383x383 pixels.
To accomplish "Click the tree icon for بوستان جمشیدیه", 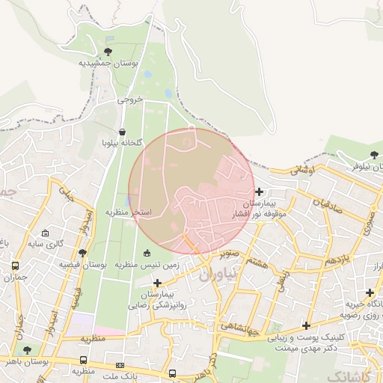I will tap(109, 52).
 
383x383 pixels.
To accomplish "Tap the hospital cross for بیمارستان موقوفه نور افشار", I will tap(259, 192).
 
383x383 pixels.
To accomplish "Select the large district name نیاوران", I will tap(217, 274).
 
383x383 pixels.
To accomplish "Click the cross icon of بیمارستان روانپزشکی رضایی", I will tap(157, 283).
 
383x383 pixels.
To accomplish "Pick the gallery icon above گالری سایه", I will tap(46, 233).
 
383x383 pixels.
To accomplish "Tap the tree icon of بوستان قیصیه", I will tap(82, 253).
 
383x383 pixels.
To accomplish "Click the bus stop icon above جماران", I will tap(16, 266).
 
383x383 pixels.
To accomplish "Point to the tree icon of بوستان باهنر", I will tap(28, 349).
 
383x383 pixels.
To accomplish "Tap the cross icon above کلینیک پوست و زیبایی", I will tap(305, 325).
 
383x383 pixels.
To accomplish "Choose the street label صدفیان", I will tap(328, 203).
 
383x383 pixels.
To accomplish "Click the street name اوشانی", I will tap(304, 171).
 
